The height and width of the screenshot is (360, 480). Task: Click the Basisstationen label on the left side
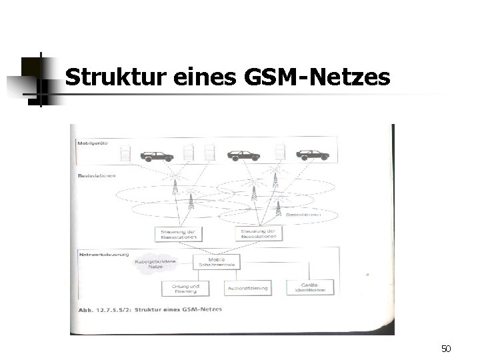pos(97,177)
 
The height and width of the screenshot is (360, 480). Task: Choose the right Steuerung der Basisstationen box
pos(259,233)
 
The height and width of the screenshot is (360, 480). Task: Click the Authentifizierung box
pos(248,288)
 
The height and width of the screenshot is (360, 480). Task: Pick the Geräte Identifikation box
pos(308,288)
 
